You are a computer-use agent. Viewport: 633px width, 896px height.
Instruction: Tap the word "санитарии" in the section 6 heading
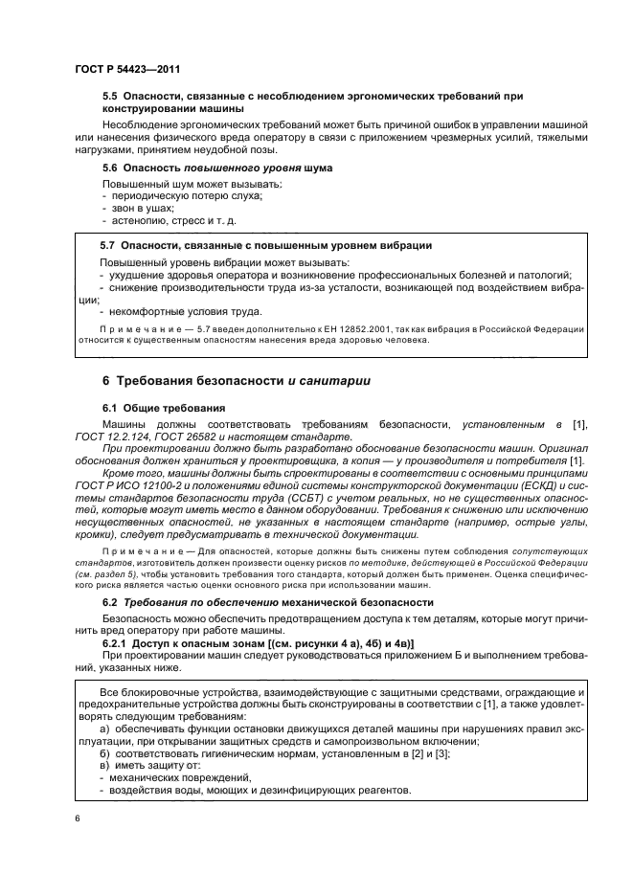(336, 381)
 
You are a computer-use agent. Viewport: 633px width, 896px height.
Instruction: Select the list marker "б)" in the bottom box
(106, 755)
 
